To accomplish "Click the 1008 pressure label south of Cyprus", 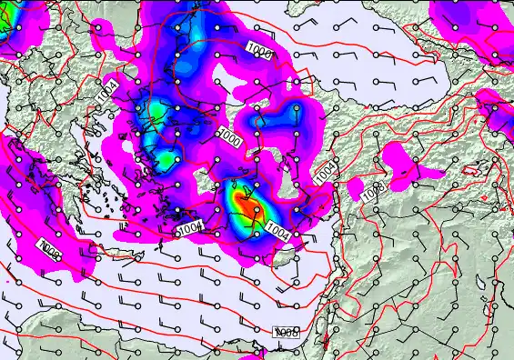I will [x=287, y=334].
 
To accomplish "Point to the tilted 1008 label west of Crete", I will [x=51, y=245].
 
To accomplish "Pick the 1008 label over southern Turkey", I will [x=371, y=193].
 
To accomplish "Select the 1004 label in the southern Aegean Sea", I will [x=189, y=227].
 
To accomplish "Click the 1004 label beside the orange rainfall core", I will [x=279, y=234].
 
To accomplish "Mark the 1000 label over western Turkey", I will [x=230, y=139].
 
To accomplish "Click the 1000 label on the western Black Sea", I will [x=259, y=52].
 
